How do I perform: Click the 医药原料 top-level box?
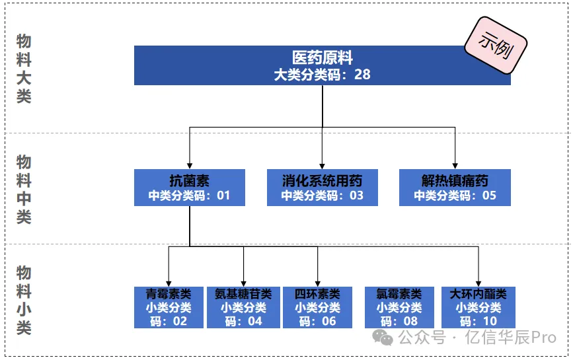click(x=322, y=65)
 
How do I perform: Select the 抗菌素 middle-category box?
click(x=189, y=188)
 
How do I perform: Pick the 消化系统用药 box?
click(x=322, y=188)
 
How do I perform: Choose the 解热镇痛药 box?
click(x=455, y=188)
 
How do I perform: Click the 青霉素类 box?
click(x=169, y=307)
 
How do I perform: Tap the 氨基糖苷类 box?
click(x=243, y=307)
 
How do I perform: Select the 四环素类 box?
click(x=317, y=307)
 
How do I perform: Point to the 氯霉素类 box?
click(x=399, y=307)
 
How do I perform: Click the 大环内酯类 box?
click(x=478, y=307)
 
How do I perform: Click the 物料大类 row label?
click(x=24, y=69)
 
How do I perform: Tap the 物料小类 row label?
click(x=24, y=301)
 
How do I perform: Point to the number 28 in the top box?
click(x=362, y=74)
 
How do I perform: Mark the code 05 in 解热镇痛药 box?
click(x=488, y=196)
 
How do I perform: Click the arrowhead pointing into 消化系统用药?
click(x=322, y=165)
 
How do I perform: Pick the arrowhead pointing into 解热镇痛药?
click(x=455, y=165)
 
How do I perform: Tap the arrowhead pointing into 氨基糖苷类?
click(x=243, y=283)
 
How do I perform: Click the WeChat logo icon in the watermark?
click(x=383, y=338)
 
